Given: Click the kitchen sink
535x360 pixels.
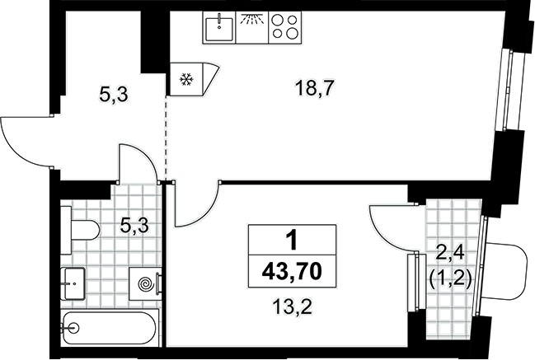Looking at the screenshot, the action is pos(219,27).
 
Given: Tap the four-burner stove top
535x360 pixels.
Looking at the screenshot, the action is pos(285,27).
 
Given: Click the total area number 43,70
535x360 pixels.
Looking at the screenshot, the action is pos(292,272).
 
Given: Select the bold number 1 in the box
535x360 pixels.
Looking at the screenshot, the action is pos(292,241).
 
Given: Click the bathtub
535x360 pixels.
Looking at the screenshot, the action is pos(110,328).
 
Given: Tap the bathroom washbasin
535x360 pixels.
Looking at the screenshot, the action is pos(73,283).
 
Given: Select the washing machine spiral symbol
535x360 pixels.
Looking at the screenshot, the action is pos(146,283).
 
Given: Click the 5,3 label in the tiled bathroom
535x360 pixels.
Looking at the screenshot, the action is pos(134,226).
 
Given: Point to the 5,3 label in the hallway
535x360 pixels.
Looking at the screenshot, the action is pos(114,94).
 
